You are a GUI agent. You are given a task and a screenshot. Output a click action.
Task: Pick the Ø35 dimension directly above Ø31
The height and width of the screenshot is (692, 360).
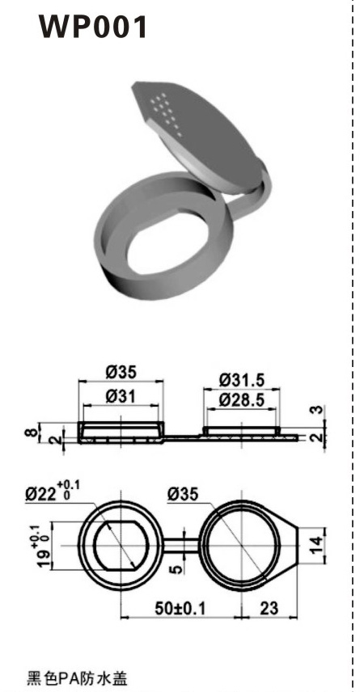[x=121, y=373]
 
